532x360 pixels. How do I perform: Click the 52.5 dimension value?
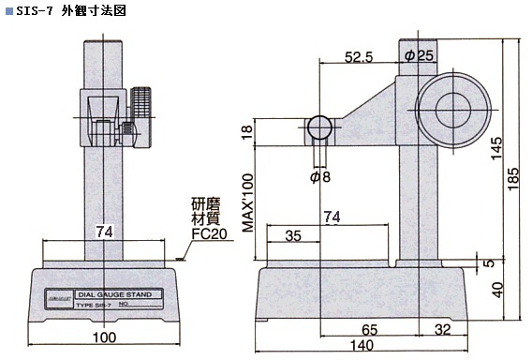tap(359, 57)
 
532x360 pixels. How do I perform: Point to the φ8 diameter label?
tap(319, 176)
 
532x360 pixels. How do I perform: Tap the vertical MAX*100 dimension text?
tap(248, 216)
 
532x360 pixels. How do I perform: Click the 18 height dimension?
tap(247, 132)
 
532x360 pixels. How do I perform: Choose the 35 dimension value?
tap(292, 236)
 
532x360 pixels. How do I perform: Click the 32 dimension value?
tap(443, 330)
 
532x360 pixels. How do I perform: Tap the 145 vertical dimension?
tap(496, 147)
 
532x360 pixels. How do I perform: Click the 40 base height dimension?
tap(496, 290)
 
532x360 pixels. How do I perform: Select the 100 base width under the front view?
tap(106, 337)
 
